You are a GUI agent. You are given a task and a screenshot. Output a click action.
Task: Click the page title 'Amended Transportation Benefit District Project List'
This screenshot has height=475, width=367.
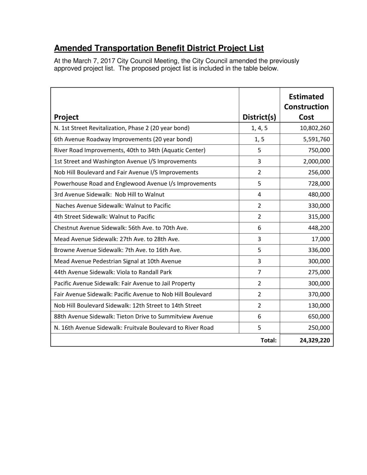[159, 48]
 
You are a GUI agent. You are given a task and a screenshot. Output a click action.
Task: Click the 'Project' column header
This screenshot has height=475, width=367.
[66, 117]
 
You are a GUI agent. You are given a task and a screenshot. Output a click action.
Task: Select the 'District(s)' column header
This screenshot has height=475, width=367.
[259, 117]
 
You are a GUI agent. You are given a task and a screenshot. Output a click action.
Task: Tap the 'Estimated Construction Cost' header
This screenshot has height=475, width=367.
[306, 107]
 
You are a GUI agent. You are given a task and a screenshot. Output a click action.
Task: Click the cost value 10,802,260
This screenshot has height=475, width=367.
[315, 128]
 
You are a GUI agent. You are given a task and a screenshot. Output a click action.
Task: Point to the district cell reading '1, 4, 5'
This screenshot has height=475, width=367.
[259, 128]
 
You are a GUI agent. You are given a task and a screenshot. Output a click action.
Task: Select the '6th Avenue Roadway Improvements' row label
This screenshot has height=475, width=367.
[123, 139]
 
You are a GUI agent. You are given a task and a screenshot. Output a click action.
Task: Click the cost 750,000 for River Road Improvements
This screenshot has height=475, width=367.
[319, 150]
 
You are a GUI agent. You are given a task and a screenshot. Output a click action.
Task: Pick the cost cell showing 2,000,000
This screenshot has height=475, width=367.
[317, 161]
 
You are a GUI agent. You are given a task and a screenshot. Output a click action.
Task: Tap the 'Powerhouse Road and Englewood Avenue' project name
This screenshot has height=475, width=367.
[135, 184]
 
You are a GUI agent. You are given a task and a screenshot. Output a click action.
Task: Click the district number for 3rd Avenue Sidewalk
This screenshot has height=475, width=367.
[259, 195]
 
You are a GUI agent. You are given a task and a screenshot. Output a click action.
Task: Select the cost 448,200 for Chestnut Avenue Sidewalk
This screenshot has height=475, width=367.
[319, 228]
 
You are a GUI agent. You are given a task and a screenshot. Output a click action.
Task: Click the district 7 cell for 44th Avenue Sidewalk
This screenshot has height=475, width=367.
[259, 272]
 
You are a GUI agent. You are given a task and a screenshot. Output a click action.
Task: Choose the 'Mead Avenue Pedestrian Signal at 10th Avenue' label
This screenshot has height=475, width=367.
[117, 261]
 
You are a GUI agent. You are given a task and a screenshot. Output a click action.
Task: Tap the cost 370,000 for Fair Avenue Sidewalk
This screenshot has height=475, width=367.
[319, 294]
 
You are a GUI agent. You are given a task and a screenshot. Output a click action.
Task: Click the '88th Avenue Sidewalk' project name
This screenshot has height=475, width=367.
[133, 317]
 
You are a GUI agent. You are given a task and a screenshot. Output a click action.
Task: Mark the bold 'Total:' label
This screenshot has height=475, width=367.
[268, 340]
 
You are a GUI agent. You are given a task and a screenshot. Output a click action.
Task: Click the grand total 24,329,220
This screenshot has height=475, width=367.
[315, 340]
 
